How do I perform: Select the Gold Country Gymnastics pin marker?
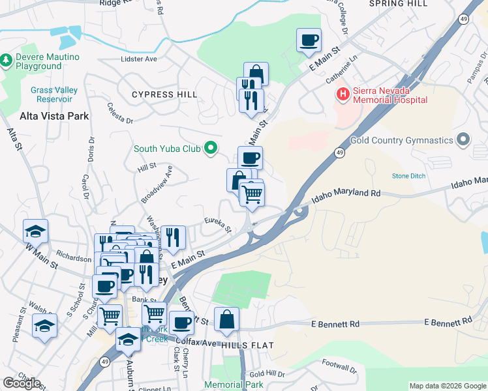463,140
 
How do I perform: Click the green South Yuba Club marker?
210,149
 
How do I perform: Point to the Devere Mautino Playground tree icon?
7,61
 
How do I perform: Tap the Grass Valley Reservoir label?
51,94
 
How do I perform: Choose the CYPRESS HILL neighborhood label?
164,94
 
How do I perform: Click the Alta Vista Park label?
54,116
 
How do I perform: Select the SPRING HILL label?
398,4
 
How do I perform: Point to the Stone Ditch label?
408,176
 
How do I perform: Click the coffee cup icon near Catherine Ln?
309,40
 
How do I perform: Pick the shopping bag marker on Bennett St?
226,319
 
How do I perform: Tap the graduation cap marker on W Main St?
35,230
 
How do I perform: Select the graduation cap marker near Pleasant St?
44,325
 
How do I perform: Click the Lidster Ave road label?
139,59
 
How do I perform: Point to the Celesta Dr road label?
121,113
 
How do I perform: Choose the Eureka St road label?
218,225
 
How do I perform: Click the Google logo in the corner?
22,383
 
